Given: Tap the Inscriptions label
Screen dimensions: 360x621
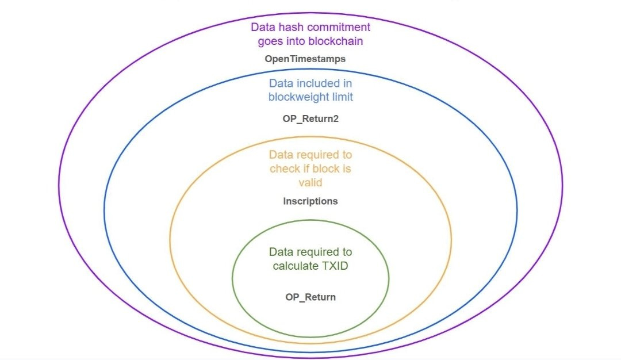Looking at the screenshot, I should [310, 201].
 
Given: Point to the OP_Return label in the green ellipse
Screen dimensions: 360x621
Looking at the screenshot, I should [310, 297].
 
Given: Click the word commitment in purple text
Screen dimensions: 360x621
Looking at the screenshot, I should [338, 27].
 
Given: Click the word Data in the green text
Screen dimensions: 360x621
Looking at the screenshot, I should [281, 252].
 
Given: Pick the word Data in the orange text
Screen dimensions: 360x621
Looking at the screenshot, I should [281, 155].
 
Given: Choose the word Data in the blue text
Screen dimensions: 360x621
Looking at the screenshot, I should [281, 83].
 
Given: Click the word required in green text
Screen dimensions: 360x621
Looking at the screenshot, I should [322, 252].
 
